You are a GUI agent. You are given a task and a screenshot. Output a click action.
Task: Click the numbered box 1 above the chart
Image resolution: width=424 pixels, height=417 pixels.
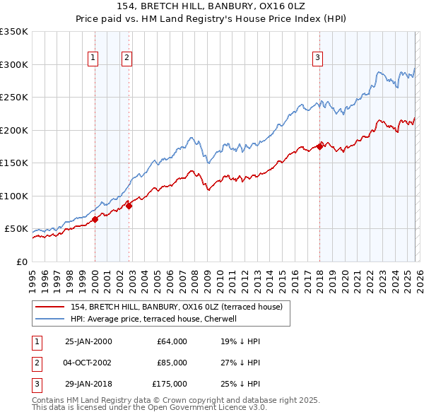(x=93, y=58)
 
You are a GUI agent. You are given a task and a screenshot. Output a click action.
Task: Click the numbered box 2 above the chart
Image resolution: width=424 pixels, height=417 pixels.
(x=127, y=58)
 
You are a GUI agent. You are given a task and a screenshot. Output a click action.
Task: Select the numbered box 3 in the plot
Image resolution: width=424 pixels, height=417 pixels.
(x=318, y=58)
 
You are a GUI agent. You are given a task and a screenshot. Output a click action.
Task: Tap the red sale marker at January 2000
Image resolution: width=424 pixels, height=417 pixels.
(x=95, y=219)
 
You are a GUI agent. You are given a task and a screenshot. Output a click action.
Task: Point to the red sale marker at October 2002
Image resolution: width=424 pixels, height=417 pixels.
(x=129, y=206)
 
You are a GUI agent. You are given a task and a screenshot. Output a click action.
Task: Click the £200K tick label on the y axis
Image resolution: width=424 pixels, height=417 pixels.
(x=13, y=130)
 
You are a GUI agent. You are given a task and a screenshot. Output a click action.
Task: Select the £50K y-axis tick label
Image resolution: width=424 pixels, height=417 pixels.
(x=16, y=229)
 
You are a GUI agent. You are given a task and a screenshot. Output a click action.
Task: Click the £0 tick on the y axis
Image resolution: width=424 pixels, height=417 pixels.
(x=22, y=262)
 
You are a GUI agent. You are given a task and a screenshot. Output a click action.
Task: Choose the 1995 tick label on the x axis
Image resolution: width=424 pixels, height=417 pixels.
(x=33, y=280)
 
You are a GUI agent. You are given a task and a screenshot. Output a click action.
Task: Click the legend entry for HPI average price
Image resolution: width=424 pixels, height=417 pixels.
(x=153, y=319)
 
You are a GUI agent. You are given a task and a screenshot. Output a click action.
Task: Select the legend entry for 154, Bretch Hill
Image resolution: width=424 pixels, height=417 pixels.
(x=177, y=307)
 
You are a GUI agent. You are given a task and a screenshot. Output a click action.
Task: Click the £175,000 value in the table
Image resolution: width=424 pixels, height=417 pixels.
(x=170, y=384)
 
